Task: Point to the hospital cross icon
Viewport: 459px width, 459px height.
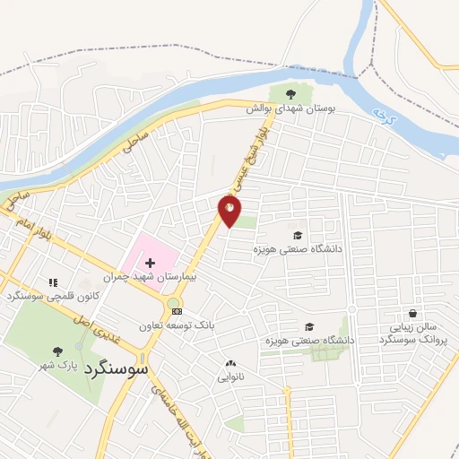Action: coord(150,264)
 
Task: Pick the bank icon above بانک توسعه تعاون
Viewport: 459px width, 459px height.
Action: coord(177,311)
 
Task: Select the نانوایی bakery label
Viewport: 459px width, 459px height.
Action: coord(230,377)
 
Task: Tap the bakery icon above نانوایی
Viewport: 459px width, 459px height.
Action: coord(230,363)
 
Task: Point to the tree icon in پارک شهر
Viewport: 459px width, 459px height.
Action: coord(58,351)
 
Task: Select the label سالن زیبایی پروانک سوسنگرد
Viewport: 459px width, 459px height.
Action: coord(411,334)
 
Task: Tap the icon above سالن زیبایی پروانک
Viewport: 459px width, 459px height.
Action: coord(411,314)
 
